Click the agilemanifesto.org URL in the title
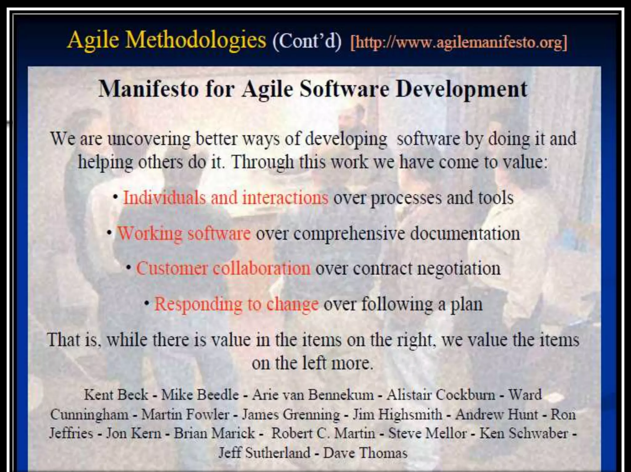click(x=459, y=43)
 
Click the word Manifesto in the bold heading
click(x=149, y=89)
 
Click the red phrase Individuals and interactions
click(x=226, y=198)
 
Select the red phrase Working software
click(x=184, y=233)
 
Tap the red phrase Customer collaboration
click(x=223, y=268)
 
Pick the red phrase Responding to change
click(x=236, y=304)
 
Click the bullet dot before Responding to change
click(x=147, y=303)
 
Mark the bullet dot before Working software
click(x=109, y=233)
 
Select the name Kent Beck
click(x=116, y=395)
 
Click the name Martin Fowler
click(x=185, y=414)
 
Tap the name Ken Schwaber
click(x=524, y=433)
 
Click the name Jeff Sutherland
click(x=264, y=453)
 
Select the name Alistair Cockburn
click(x=441, y=395)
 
